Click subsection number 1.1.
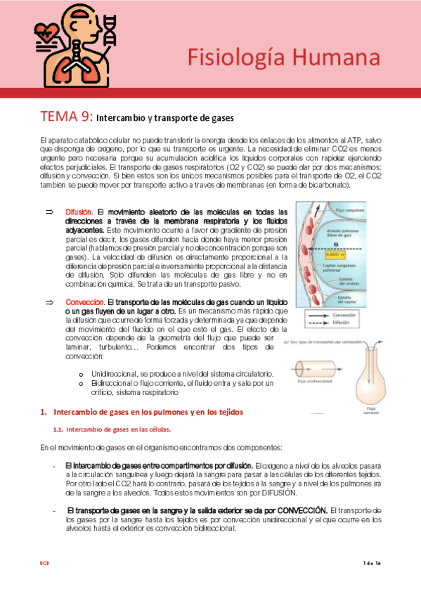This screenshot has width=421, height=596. [59, 429]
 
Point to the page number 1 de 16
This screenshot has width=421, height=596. [371, 564]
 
